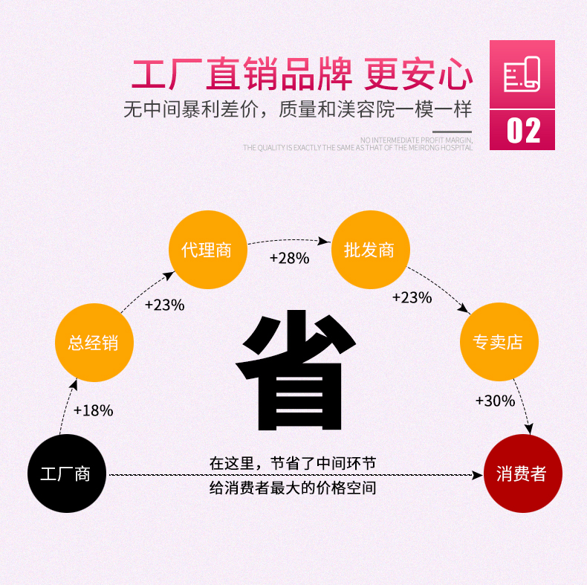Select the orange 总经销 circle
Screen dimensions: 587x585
pos(93,343)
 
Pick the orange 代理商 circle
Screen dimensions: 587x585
pos(207,250)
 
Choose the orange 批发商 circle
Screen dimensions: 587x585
pos(369,250)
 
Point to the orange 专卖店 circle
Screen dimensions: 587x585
pos(498,342)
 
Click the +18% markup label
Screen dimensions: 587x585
pos(94,410)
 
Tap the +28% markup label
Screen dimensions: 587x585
pos(289,258)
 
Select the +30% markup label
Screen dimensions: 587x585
pos(495,401)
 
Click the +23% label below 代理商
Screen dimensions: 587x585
pos(164,305)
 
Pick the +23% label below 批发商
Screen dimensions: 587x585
pos(412,297)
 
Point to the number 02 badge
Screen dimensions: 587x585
pos(522,130)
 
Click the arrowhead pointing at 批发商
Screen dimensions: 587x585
pos(325,241)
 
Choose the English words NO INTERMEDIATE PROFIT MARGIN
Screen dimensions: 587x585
pos(416,140)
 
